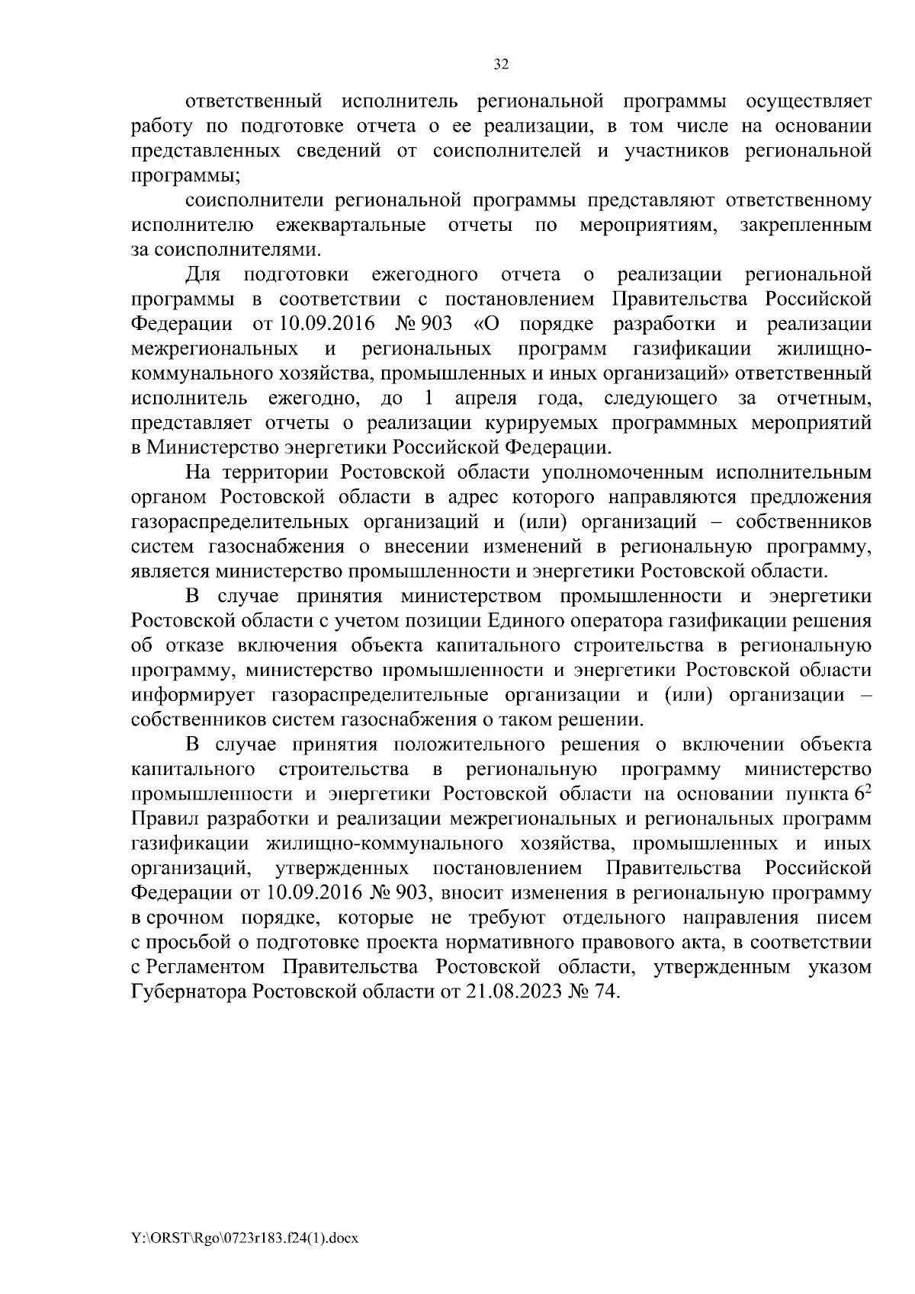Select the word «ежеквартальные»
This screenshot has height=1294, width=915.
(x=352, y=226)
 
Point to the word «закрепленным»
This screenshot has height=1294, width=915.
(x=805, y=226)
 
